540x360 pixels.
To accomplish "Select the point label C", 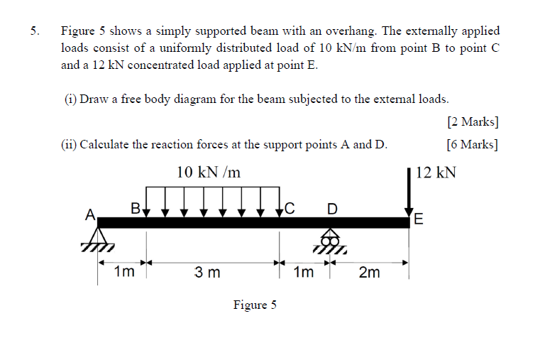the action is click(x=290, y=208).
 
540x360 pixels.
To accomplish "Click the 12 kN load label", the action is click(x=436, y=173).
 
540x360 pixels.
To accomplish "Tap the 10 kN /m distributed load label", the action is click(x=209, y=172).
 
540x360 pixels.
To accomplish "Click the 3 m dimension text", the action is click(x=209, y=272).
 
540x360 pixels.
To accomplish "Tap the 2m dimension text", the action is click(x=369, y=272).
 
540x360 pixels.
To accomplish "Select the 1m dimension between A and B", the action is click(x=123, y=272).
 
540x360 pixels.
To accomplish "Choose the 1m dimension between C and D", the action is click(x=303, y=272).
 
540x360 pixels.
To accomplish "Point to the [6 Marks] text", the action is click(x=473, y=145).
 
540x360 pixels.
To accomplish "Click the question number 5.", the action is click(x=35, y=31).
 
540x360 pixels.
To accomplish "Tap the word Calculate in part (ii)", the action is click(x=108, y=145).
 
